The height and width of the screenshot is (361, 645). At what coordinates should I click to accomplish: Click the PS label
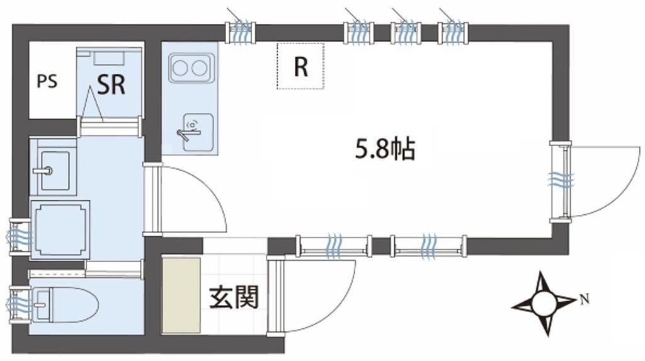click(47, 81)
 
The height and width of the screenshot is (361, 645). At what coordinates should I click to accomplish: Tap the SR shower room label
click(111, 84)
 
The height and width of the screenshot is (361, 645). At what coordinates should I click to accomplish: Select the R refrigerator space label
click(301, 67)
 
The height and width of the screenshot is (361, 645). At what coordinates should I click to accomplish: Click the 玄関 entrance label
click(234, 297)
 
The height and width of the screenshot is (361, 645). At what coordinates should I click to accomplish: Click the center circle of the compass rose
click(544, 304)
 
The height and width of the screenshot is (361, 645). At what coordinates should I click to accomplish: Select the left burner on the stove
click(181, 67)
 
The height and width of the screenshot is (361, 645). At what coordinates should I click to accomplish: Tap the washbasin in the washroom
click(54, 170)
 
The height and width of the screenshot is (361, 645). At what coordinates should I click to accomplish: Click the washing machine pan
click(61, 230)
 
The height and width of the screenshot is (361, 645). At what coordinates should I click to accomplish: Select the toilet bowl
click(65, 305)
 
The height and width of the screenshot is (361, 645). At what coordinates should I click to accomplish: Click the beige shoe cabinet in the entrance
click(181, 295)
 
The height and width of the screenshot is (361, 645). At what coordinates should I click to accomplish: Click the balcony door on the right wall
click(567, 181)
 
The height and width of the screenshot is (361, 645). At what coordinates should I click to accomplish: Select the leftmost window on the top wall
click(241, 32)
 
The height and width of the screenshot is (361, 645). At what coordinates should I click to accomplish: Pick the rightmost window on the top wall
click(453, 32)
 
